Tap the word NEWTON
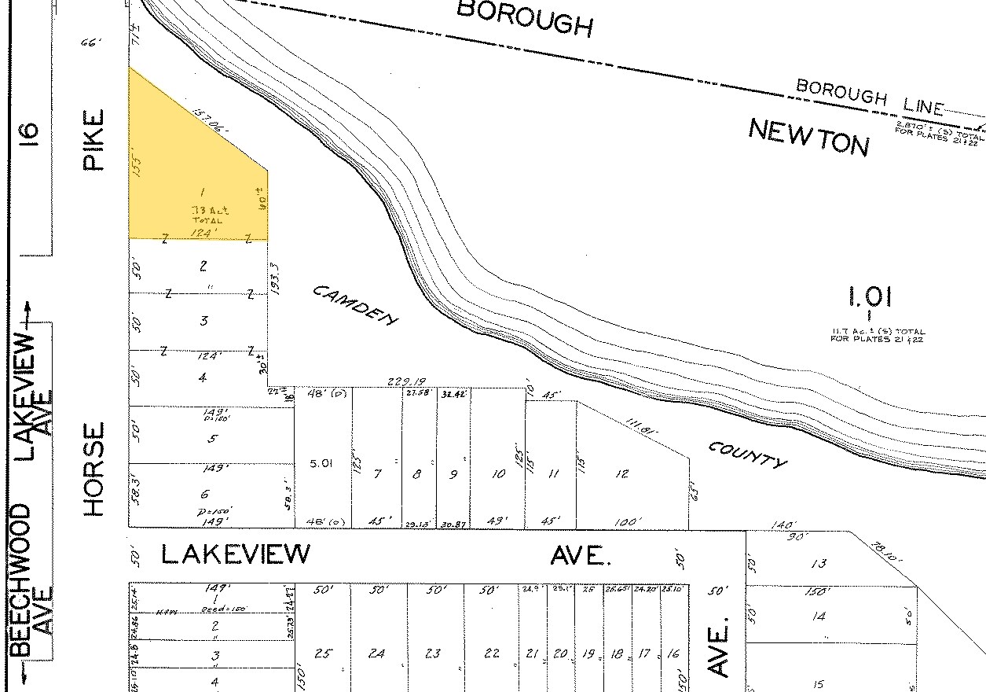808,137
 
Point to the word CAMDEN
355,304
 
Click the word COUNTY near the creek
747,454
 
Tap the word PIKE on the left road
93,141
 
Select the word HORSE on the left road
94,469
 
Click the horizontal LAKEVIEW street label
236,554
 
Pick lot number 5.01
321,464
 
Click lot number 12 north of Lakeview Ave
622,473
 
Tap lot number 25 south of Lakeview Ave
322,653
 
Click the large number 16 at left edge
28,131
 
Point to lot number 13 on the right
819,563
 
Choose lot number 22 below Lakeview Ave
491,653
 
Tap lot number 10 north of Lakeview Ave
498,474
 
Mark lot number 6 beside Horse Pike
205,493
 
